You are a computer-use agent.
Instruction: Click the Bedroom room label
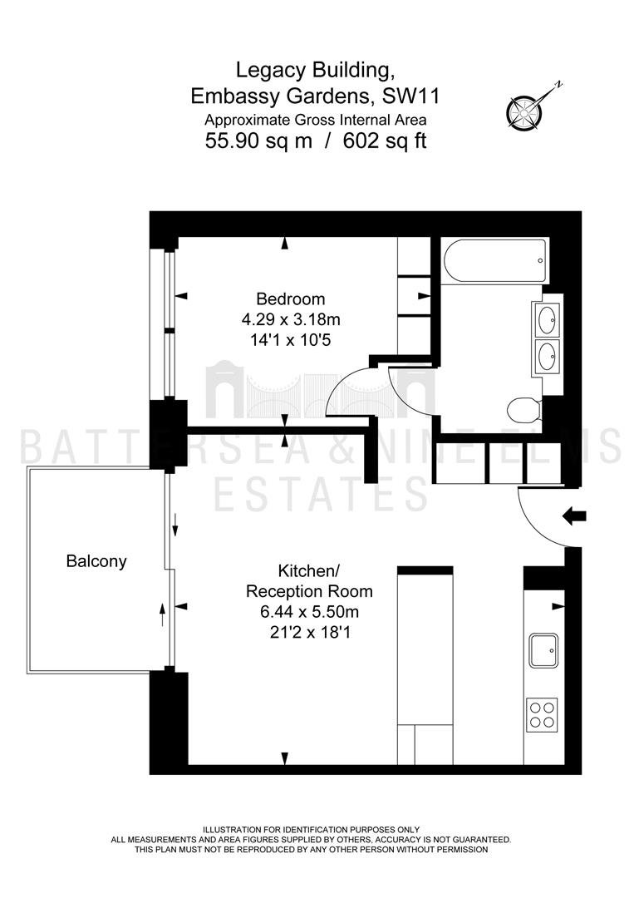[x=290, y=299]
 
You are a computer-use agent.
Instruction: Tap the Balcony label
[x=96, y=561]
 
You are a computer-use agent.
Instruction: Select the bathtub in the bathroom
[x=495, y=260]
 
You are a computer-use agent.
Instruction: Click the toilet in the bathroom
[x=524, y=409]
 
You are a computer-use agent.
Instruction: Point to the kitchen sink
[x=543, y=650]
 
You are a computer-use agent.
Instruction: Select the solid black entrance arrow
[x=574, y=516]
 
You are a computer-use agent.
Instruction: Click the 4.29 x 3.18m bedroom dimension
[x=291, y=319]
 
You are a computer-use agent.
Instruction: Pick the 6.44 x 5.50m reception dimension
[x=310, y=612]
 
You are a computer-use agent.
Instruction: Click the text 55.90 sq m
[x=258, y=141]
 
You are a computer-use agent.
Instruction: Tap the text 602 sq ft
[x=385, y=141]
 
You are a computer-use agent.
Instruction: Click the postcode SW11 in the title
[x=410, y=96]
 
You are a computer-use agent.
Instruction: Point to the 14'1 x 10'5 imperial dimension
[x=291, y=340]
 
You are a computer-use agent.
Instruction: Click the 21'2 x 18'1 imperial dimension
[x=310, y=632]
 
